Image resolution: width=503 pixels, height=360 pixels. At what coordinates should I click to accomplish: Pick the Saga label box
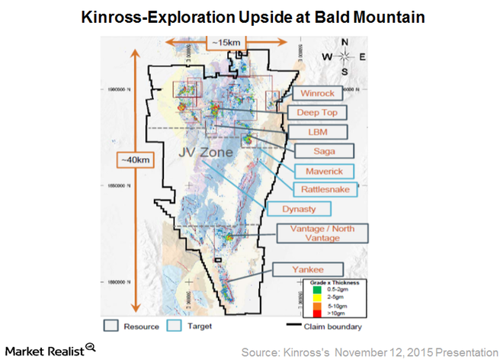click(316, 150)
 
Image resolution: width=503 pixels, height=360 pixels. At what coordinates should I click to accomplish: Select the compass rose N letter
click(344, 42)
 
